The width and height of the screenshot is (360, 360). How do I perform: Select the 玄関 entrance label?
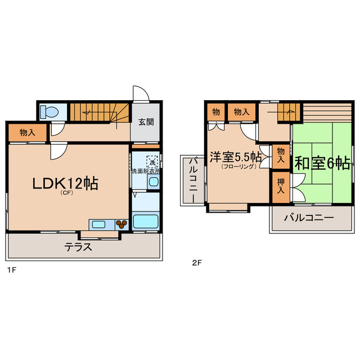tap(147, 122)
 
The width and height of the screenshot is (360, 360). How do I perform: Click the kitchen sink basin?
tap(98, 224)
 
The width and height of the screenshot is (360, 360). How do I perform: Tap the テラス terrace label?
tap(78, 247)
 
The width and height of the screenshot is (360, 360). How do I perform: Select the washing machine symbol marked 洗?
tap(152, 162)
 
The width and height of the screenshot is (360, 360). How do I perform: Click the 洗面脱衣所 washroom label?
tap(146, 171)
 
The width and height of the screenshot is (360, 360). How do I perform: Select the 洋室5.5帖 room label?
tap(236, 157)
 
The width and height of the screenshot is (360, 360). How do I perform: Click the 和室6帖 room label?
tap(323, 163)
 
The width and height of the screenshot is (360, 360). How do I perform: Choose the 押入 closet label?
tap(280, 187)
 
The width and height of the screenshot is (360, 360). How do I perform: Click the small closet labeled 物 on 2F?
tap(216, 112)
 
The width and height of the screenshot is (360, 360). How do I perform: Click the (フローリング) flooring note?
tap(238, 166)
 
